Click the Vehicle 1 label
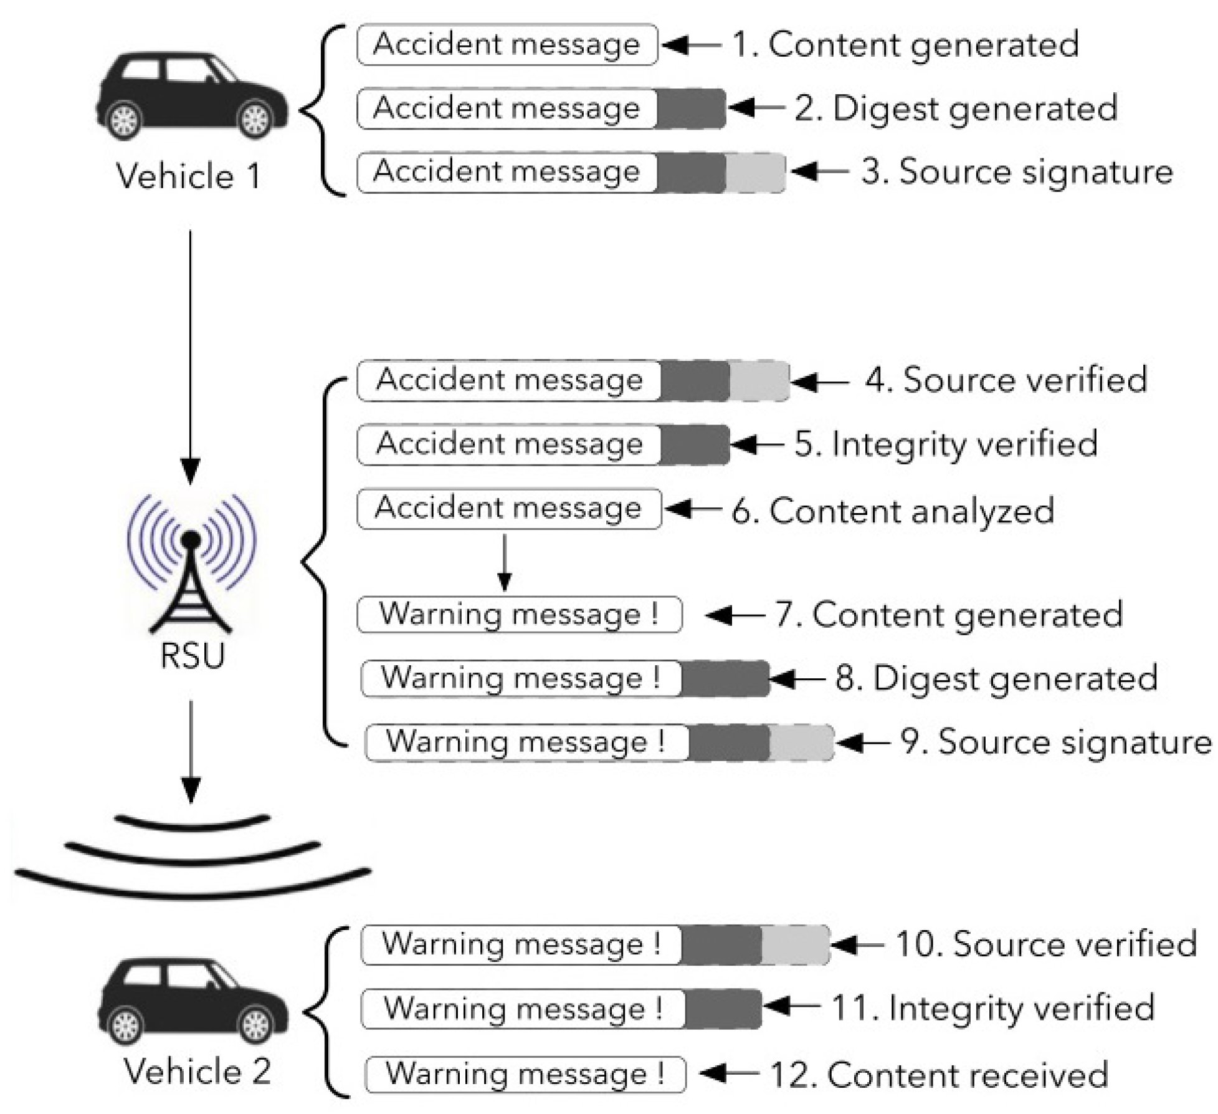pyautogui.click(x=188, y=176)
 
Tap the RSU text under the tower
pyautogui.click(x=192, y=656)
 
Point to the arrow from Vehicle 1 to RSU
pyautogui.click(x=190, y=355)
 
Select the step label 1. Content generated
pyautogui.click(x=905, y=45)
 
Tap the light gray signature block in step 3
pyautogui.click(x=754, y=172)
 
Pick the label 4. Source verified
pyautogui.click(x=1006, y=380)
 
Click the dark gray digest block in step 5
pyautogui.click(x=694, y=444)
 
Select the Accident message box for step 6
pyautogui.click(x=508, y=509)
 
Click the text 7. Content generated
pyautogui.click(x=948, y=615)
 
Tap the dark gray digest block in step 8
pyautogui.click(x=725, y=678)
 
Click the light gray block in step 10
pyautogui.click(x=795, y=944)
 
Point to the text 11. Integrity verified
pyautogui.click(x=992, y=1008)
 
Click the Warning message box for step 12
pyautogui.click(x=525, y=1074)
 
